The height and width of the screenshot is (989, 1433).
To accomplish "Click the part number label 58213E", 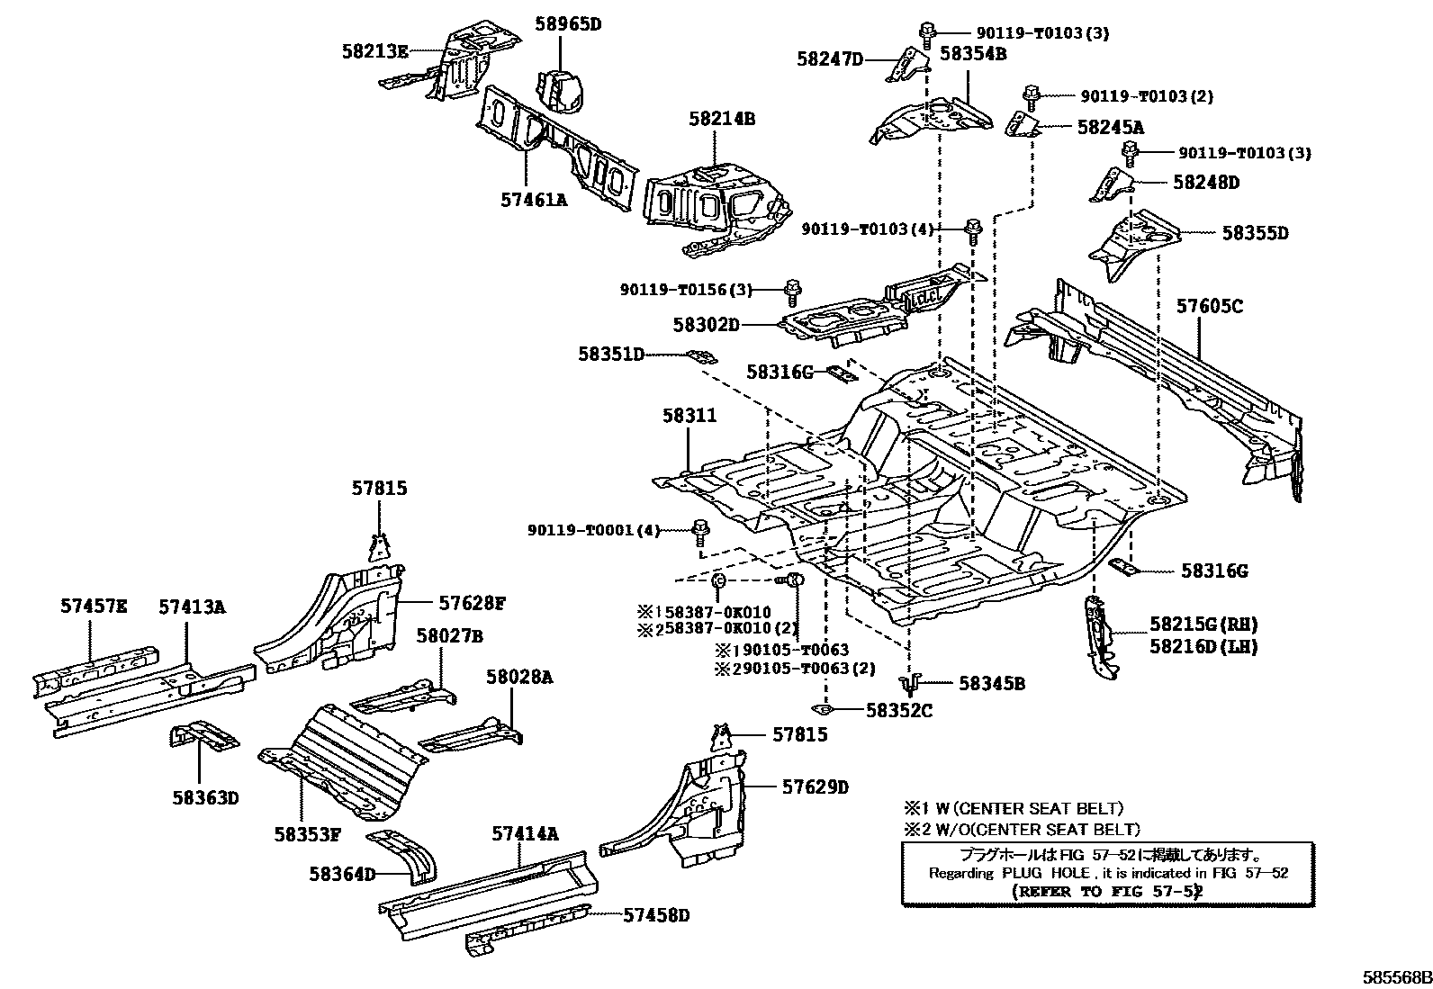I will (x=374, y=51).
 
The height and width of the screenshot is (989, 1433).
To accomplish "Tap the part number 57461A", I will (x=534, y=200).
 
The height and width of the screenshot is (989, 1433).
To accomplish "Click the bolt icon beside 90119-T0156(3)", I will (x=792, y=291).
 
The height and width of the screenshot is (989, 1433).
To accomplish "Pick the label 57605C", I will (x=1210, y=307).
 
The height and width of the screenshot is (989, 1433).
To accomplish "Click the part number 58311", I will (x=689, y=416).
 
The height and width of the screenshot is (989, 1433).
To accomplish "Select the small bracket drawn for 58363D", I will (x=204, y=735).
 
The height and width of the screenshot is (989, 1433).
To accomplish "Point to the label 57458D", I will (x=656, y=915).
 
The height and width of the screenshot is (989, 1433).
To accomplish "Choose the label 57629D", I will (x=815, y=787).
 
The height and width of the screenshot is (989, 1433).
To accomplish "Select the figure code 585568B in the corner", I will (x=1395, y=978).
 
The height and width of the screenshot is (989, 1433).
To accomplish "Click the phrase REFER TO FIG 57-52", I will (x=1108, y=892).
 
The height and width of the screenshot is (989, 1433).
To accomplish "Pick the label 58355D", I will (x=1255, y=233).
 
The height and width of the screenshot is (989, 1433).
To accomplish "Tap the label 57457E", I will (x=94, y=607).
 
